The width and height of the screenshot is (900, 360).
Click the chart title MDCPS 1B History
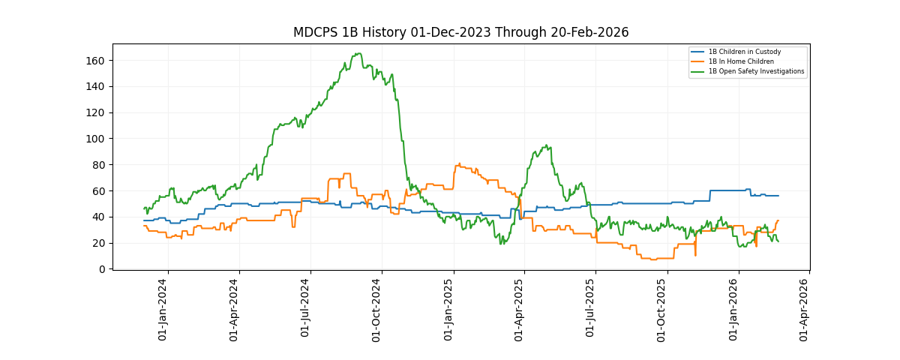tap(460, 32)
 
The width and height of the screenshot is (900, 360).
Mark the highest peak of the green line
tap(359, 53)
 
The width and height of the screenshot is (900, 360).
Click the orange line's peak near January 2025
tap(458, 164)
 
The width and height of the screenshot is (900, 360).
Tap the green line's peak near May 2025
tap(546, 145)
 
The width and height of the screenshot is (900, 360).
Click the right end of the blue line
tap(778, 196)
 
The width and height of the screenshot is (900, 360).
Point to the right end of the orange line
tap(778, 220)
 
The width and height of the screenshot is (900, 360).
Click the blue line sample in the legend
tap(697, 52)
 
